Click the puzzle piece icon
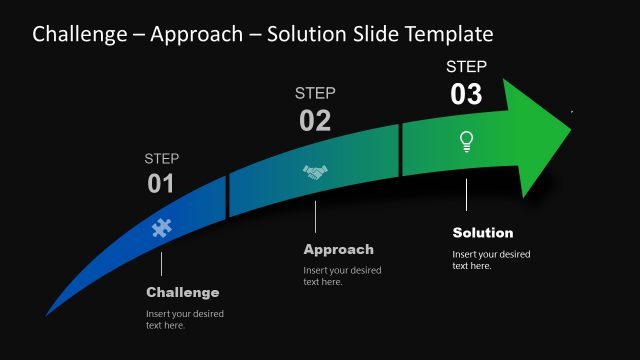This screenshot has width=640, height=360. pos(161,227)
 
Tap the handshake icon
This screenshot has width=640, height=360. pos(315,173)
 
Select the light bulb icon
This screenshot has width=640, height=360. pos(466,141)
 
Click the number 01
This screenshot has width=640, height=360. pos(161,184)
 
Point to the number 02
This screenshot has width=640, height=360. pos(315,121)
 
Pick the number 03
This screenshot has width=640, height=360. pos(466,95)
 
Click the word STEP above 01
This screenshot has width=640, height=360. pos(161,158)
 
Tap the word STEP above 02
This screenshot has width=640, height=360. pos(315,93)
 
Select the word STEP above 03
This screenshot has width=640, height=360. pos(466,67)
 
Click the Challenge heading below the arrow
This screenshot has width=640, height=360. pos(182,292)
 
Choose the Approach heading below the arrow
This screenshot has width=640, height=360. pos(338,249)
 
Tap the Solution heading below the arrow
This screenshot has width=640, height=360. pos(483,233)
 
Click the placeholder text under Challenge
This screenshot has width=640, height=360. pos(185,319)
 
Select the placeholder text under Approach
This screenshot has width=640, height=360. pos(342,276)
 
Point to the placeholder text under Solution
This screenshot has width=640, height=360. pos(491,260)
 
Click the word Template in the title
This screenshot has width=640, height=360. pos(446,35)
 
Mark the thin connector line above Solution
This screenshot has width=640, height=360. pos(466,195)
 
